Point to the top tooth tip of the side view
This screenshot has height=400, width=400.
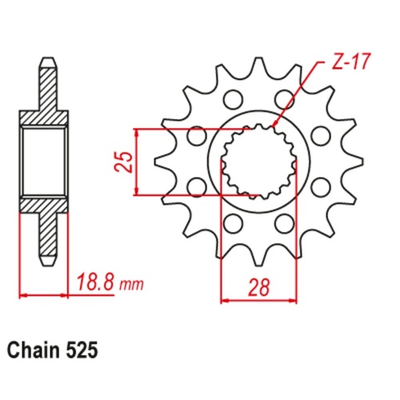click(46, 62)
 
